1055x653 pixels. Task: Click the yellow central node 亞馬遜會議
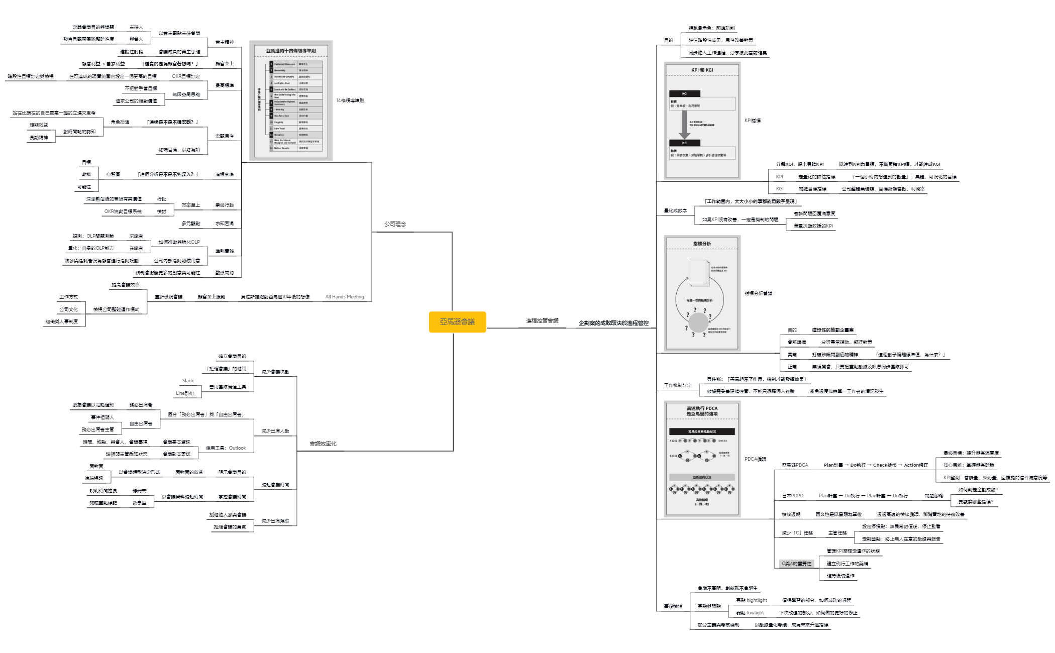[x=457, y=322]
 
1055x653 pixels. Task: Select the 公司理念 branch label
[x=395, y=224]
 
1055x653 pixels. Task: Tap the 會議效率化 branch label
[x=323, y=444]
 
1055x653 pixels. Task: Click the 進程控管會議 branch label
[x=542, y=320]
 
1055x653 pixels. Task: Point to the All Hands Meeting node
[x=344, y=297]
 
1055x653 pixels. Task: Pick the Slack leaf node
[x=188, y=381]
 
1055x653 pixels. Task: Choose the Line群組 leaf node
[x=184, y=393]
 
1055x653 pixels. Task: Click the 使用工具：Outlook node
[x=226, y=448]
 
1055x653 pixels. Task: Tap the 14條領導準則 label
[x=350, y=100]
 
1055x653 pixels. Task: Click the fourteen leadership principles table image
[x=291, y=100]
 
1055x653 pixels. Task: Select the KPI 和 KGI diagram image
[x=702, y=121]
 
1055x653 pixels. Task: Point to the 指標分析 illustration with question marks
[x=702, y=293]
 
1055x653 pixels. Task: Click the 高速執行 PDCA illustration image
[x=702, y=459]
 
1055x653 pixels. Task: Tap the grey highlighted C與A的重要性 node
[x=796, y=564]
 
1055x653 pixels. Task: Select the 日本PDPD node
[x=792, y=496]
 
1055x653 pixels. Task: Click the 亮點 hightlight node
[x=751, y=600]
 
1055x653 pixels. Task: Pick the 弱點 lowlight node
[x=750, y=613]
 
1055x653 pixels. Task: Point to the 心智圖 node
[x=113, y=174]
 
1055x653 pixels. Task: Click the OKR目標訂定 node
[x=186, y=76]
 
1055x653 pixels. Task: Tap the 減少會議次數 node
[x=275, y=372]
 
